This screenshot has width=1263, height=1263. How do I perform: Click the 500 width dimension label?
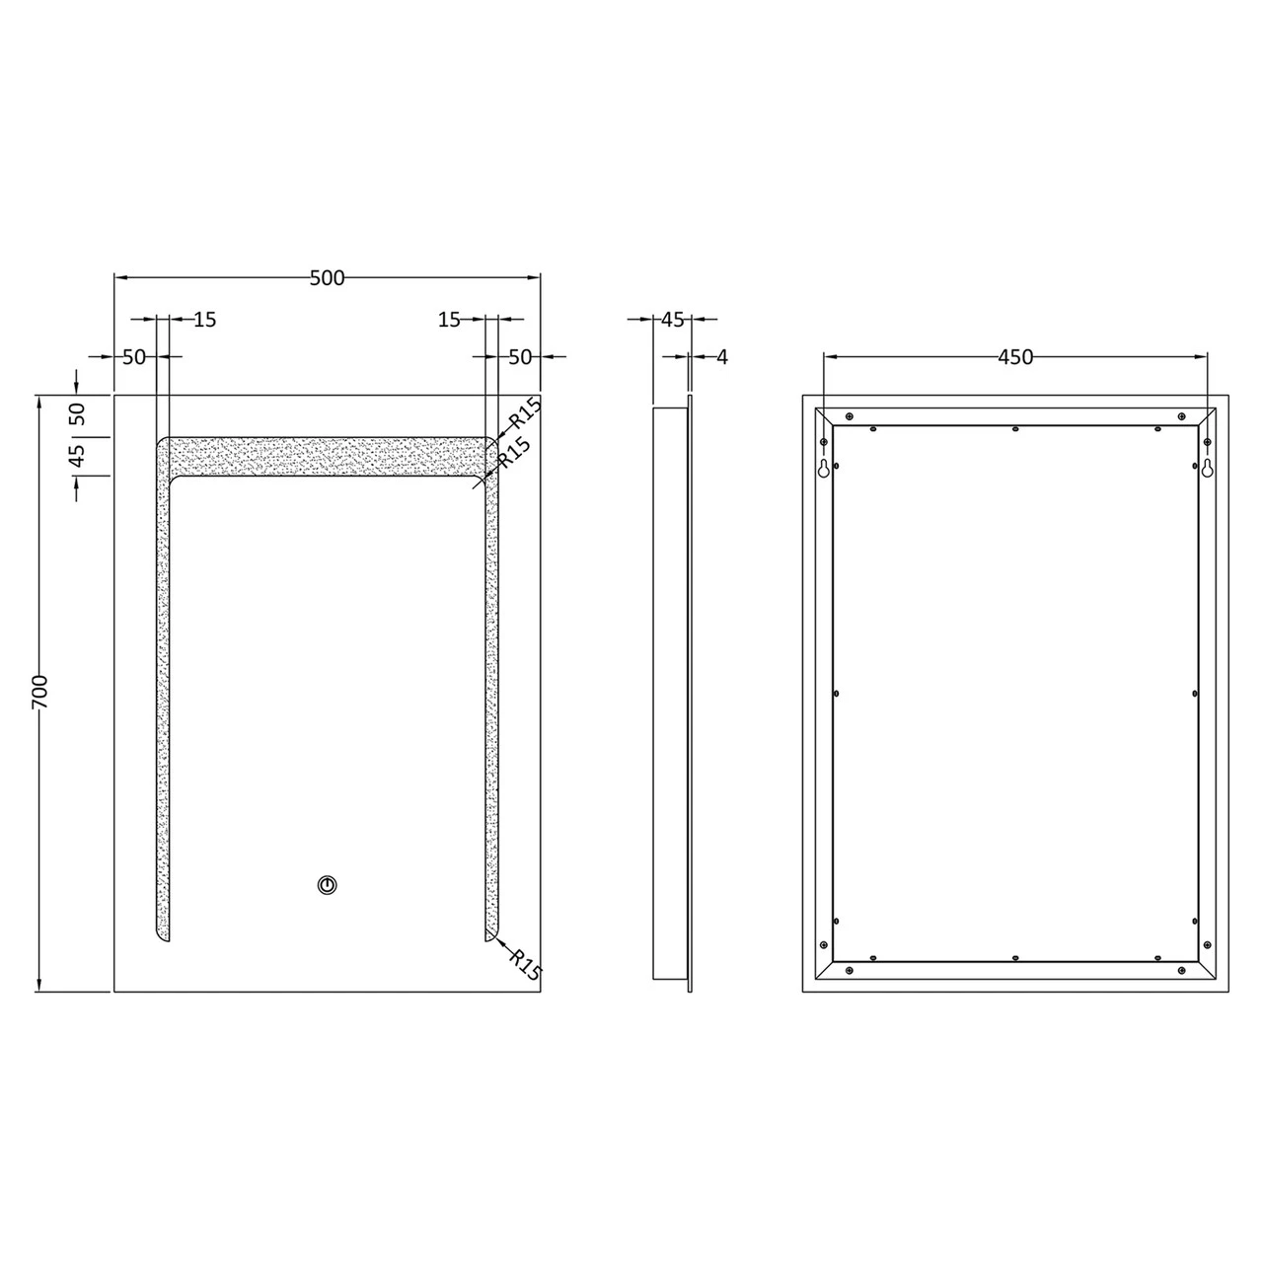pyautogui.click(x=327, y=278)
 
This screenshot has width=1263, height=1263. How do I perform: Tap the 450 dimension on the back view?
pyautogui.click(x=1014, y=357)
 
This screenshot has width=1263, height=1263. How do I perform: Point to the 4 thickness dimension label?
pyautogui.click(x=721, y=357)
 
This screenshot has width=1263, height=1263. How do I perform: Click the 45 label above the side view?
pyautogui.click(x=672, y=320)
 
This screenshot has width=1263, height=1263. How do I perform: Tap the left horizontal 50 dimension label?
pyautogui.click(x=133, y=357)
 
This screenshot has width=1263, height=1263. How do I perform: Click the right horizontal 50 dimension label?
pyautogui.click(x=520, y=357)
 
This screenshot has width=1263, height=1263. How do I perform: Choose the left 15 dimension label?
pyautogui.click(x=204, y=320)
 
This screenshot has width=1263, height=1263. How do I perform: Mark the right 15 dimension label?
pyautogui.click(x=449, y=320)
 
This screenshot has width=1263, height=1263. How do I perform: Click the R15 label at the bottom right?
pyautogui.click(x=526, y=963)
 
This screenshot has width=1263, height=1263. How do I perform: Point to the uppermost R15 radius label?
pyautogui.click(x=523, y=413)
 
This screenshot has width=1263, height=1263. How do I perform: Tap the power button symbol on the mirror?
pyautogui.click(x=327, y=885)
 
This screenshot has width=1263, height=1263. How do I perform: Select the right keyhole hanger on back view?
pyautogui.click(x=1206, y=468)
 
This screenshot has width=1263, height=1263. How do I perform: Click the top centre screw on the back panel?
pyautogui.click(x=1014, y=428)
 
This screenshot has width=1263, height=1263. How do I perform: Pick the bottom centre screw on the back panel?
pyautogui.click(x=1014, y=957)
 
